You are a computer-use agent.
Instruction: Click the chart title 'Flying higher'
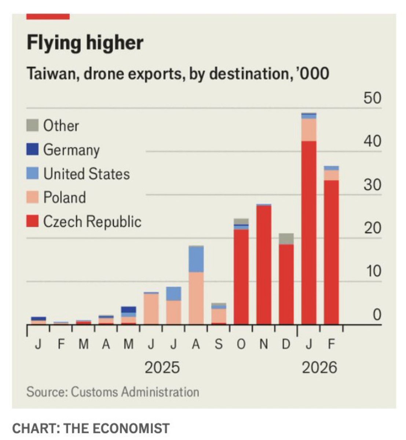pos(85,43)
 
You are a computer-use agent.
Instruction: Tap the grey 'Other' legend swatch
pos(32,125)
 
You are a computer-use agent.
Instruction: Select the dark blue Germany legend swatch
pos(32,150)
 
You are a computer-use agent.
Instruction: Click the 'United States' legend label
pos(87,174)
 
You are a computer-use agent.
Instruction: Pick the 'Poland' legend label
pos(65,198)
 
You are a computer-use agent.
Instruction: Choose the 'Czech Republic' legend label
pos(92,221)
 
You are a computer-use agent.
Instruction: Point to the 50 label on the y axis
pos(372,98)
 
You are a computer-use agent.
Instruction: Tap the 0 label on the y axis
pos(377,315)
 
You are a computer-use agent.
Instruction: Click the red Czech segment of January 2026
pos(309,231)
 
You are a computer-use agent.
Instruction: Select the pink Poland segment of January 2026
pos(309,130)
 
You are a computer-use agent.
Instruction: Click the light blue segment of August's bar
pos(196,259)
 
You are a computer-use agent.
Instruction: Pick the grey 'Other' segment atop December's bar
pos(286,239)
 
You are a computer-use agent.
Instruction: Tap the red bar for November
pos(264,264)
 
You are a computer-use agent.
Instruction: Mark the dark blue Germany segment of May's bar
pos(128,309)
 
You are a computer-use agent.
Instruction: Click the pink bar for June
pos(151,309)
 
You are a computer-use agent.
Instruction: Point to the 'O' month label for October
pos(241,345)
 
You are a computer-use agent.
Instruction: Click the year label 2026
pos(319,367)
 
